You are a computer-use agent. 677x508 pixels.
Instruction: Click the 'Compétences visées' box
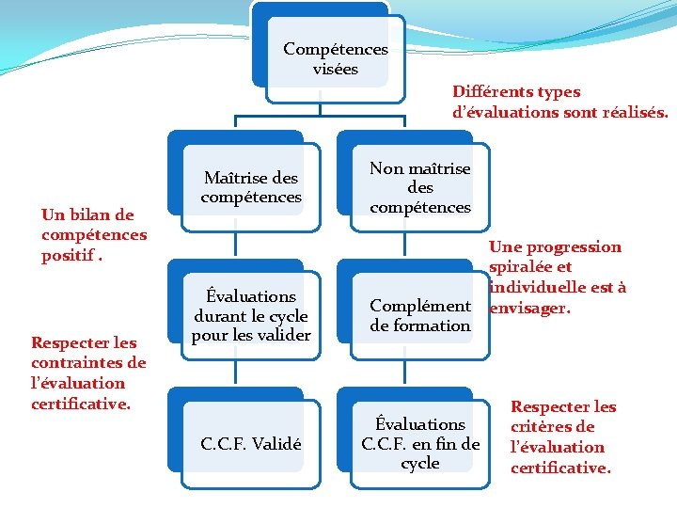(335, 58)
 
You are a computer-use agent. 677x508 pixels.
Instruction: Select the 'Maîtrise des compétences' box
(251, 187)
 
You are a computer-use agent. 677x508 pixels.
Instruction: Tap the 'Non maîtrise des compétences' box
(419, 187)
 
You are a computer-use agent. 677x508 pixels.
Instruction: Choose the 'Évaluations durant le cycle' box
(251, 314)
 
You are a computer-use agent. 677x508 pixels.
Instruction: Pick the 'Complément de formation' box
(419, 315)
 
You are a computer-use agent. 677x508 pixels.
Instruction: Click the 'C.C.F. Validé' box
(251, 444)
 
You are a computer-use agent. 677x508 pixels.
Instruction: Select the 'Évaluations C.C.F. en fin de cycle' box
(419, 443)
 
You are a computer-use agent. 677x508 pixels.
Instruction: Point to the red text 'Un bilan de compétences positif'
(93, 235)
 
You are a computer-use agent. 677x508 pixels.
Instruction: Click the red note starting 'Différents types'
(560, 102)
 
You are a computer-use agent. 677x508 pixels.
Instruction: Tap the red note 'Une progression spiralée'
(557, 277)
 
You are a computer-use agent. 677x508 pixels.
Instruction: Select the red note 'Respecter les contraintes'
(88, 373)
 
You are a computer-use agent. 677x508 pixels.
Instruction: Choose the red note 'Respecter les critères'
(562, 437)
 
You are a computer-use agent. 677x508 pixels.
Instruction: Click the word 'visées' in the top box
(336, 69)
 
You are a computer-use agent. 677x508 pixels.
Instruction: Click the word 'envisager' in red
(527, 307)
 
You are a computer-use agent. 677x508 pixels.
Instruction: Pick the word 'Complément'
(419, 306)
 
